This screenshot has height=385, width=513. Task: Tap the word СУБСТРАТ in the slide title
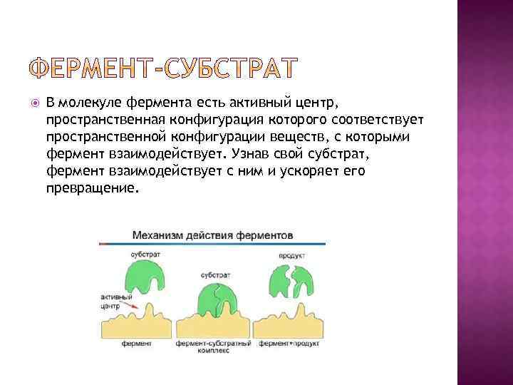(x=230, y=68)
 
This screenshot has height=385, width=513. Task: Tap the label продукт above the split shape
(x=292, y=255)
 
